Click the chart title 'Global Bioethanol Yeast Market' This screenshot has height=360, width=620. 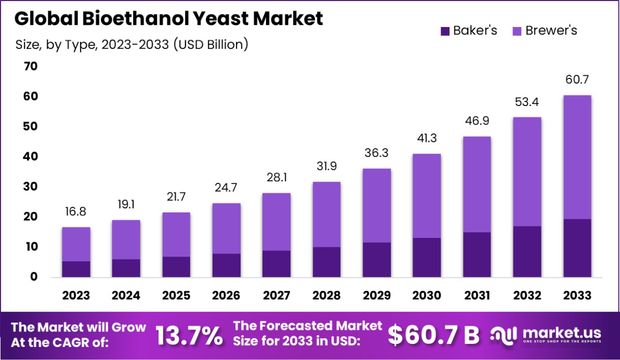168,18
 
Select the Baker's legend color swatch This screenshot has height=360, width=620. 445,31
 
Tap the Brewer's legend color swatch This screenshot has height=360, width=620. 517,31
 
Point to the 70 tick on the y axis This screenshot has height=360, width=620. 31,66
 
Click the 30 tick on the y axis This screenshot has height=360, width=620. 31,186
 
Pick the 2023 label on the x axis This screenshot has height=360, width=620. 76,296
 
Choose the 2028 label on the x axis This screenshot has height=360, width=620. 326,296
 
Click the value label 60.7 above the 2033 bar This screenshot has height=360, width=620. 577,80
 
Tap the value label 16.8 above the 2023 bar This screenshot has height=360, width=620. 76,212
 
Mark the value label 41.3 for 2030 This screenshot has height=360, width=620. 427,139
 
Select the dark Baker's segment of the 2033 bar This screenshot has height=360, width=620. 577,248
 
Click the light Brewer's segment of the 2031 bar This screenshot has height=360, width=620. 477,184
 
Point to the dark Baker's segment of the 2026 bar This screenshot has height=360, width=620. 226,265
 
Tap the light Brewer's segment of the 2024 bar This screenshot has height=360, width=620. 126,239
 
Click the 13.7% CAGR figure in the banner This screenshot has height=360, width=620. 189,336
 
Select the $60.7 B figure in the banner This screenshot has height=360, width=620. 433,336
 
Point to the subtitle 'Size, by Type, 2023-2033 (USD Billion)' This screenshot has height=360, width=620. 132,45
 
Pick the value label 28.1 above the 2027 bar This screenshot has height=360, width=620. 276,178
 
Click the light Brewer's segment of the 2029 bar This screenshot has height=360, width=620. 376,205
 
